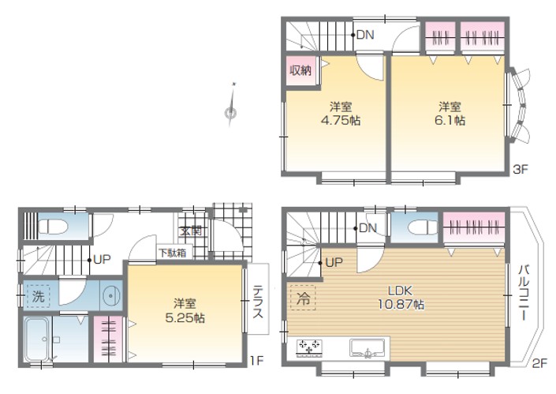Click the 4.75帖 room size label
click(341, 120)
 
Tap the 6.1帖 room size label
click(450, 120)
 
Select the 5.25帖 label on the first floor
click(185, 317)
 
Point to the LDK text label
click(401, 291)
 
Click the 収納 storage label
click(300, 70)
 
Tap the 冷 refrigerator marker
click(303, 298)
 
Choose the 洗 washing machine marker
click(39, 295)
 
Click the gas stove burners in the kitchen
click(309, 348)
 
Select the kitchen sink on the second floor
click(368, 347)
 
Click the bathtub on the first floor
click(36, 339)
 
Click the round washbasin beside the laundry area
click(112, 295)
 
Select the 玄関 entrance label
click(191, 231)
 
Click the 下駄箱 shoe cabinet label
click(173, 253)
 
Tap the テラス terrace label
click(258, 302)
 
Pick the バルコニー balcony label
click(524, 292)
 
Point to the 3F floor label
click(521, 170)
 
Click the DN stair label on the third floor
click(365, 35)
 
